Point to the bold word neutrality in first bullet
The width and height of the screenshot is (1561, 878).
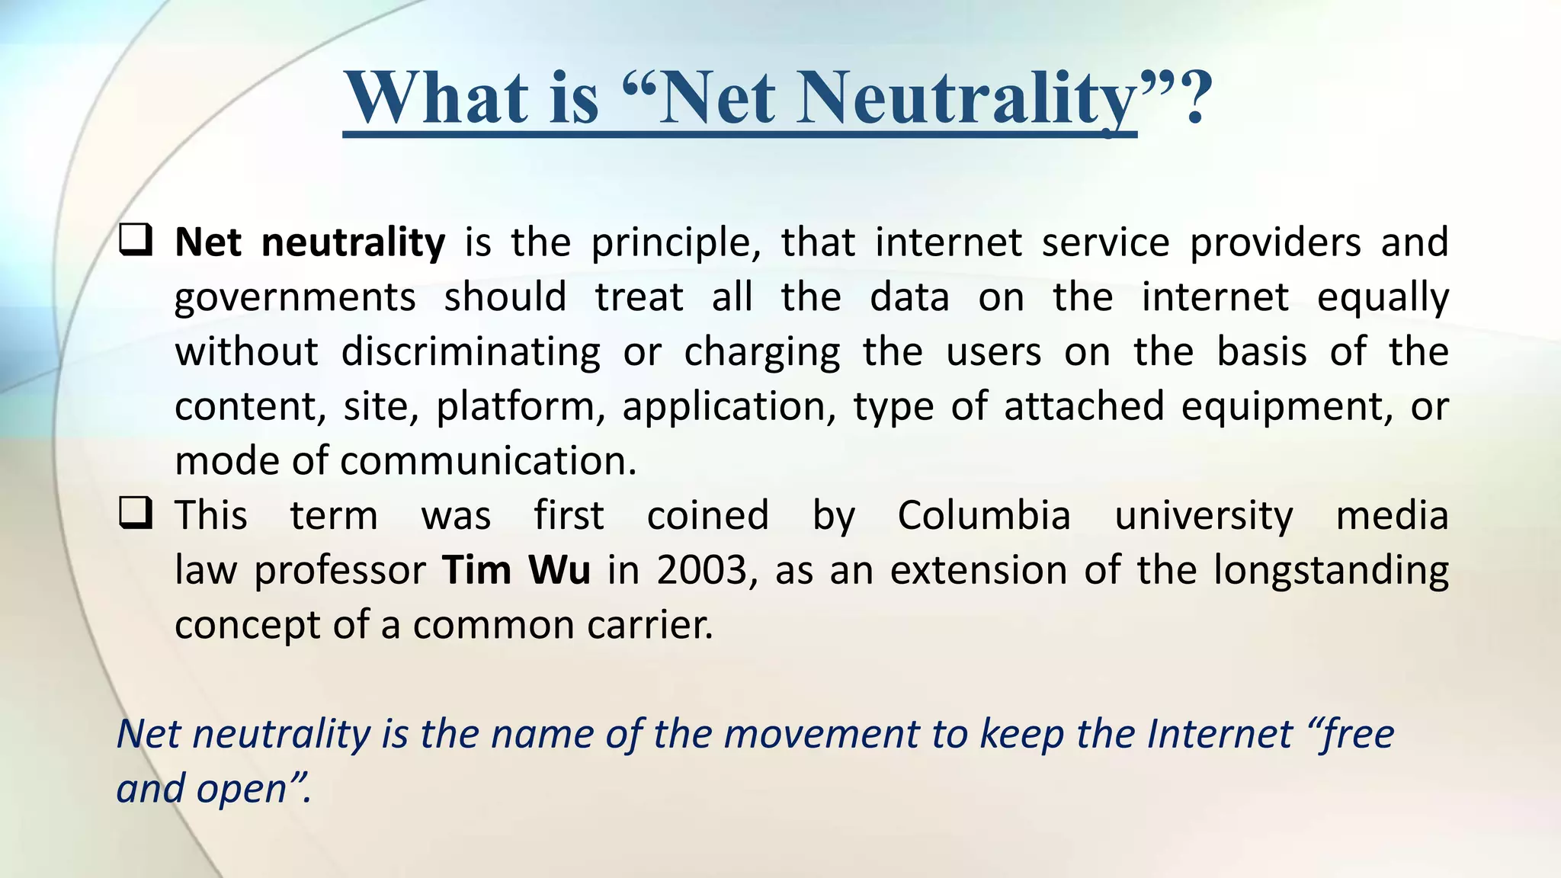[x=353, y=242]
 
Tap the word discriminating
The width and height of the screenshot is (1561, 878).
[x=470, y=353]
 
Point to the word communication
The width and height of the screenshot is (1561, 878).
[x=488, y=461]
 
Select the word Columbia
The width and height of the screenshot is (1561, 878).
[x=984, y=515]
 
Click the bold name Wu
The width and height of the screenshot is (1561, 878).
[x=559, y=570]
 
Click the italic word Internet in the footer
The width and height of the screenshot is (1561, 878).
[x=1220, y=734]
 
